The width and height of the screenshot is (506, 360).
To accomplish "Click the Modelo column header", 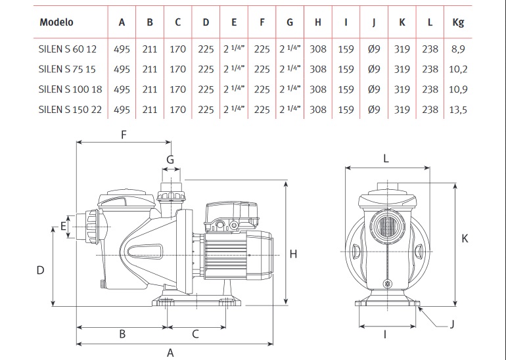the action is tap(57, 22).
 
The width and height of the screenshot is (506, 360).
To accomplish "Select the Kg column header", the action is tap(458, 22).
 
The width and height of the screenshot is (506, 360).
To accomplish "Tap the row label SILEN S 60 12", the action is tap(68, 49).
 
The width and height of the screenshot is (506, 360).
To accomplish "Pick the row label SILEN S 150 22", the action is tap(70, 110).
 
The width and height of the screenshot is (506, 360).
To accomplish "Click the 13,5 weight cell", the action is tap(458, 110).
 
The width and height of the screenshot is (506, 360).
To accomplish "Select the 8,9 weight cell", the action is tap(458, 49).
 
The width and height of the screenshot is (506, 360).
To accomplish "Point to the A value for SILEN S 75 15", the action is tap(122, 70).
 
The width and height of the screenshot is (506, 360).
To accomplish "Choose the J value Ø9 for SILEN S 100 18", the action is tap(374, 89).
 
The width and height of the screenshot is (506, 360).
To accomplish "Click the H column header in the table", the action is tap(318, 22).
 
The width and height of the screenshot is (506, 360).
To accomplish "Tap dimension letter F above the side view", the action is tap(124, 135).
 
